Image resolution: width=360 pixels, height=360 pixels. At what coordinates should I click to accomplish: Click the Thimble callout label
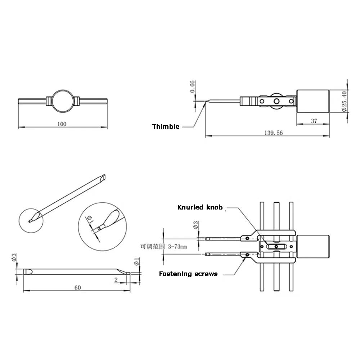coord(166,126)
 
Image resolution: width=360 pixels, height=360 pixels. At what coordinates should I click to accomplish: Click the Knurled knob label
coord(200,207)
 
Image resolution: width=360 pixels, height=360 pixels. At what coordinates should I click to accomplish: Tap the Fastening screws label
coord(188,274)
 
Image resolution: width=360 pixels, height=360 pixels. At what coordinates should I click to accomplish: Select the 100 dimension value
coord(62,124)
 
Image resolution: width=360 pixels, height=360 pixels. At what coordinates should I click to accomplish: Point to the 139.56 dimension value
coord(274,133)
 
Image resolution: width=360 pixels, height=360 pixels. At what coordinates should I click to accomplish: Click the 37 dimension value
coord(314,121)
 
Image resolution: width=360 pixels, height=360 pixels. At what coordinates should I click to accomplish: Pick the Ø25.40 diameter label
coord(344,101)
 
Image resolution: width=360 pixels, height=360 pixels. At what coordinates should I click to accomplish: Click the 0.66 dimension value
coord(192,86)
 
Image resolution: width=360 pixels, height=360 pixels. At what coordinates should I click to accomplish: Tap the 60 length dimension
coord(78,287)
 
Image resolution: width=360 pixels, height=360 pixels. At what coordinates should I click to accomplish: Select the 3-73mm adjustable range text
coord(177,247)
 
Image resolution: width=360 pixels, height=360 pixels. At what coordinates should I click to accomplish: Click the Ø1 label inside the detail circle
coord(90,219)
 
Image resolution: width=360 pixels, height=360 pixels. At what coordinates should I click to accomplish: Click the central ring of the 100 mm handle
coord(63,90)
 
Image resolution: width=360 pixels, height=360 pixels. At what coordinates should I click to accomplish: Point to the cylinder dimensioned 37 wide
coord(313,101)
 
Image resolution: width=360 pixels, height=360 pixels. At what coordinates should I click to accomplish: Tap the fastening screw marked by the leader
coord(247,255)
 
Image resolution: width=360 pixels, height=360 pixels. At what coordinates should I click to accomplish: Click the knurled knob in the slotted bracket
coord(276,247)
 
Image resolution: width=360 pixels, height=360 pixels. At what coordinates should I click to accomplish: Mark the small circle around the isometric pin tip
coord(31,209)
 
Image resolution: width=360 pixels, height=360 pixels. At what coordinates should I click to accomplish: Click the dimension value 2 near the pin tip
coord(116,280)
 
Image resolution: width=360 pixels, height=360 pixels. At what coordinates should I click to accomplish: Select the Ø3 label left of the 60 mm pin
coord(14,257)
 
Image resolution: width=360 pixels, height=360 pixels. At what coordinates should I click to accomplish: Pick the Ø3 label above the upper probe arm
coord(195,225)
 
